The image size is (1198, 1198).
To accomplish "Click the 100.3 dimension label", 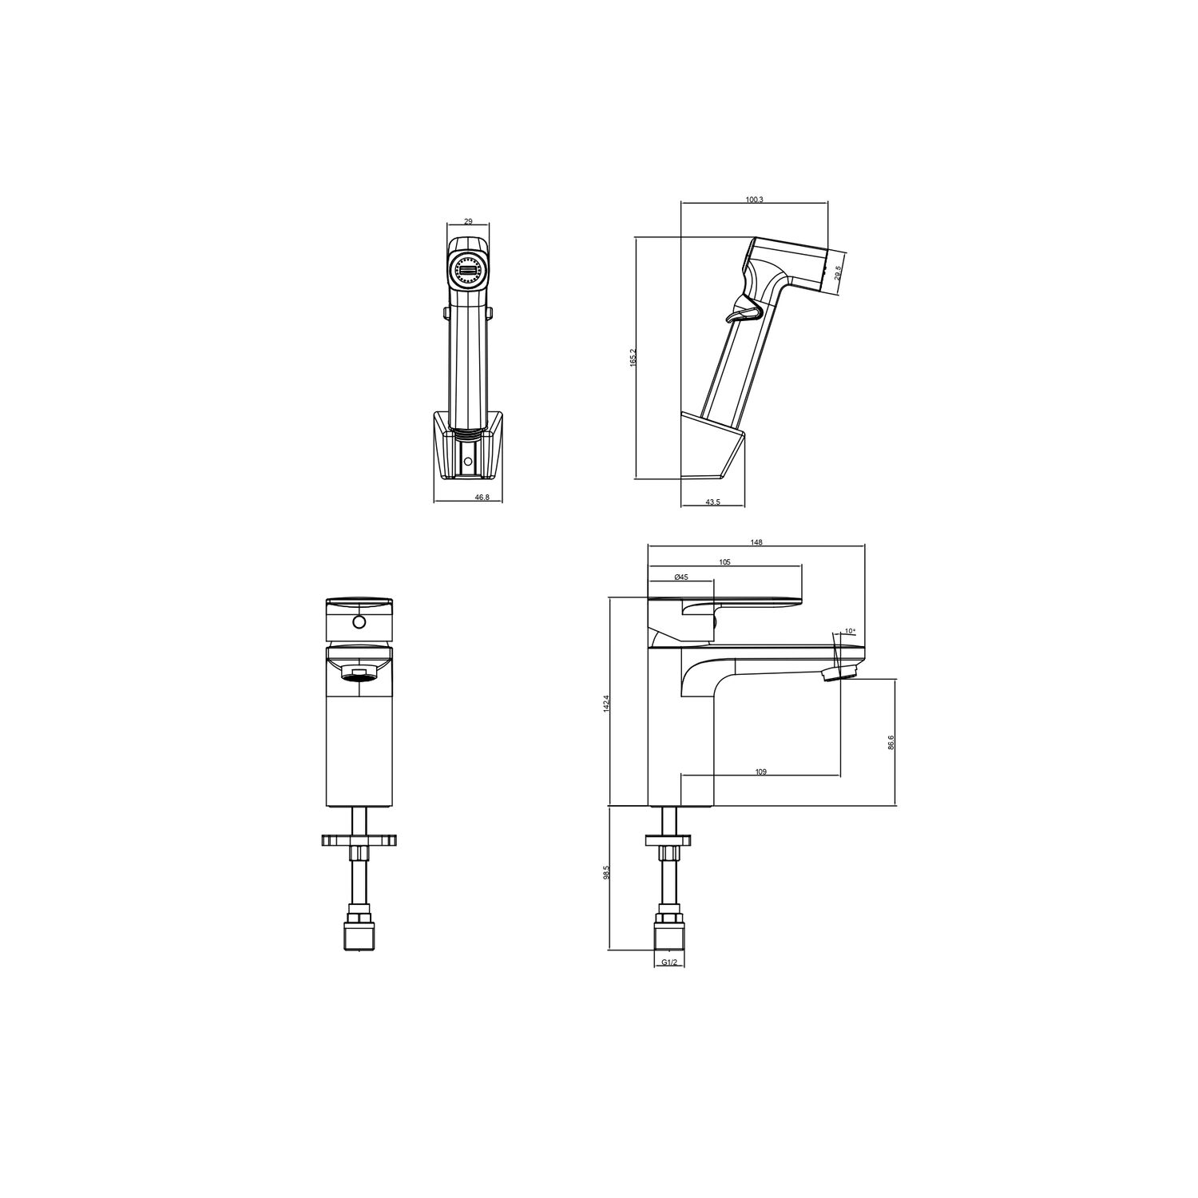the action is [754, 200].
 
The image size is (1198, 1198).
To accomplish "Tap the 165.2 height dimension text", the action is [633, 357].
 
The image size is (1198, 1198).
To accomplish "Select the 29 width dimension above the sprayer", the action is [468, 222].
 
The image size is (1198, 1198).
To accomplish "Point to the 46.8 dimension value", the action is [482, 497].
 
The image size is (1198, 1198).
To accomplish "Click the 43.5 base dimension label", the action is [713, 502].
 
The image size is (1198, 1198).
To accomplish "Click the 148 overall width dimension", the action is [756, 542].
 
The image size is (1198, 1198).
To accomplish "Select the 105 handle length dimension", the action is [724, 562].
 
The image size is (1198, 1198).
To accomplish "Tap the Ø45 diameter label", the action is [681, 577].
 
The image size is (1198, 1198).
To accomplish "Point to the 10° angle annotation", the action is [849, 632].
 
